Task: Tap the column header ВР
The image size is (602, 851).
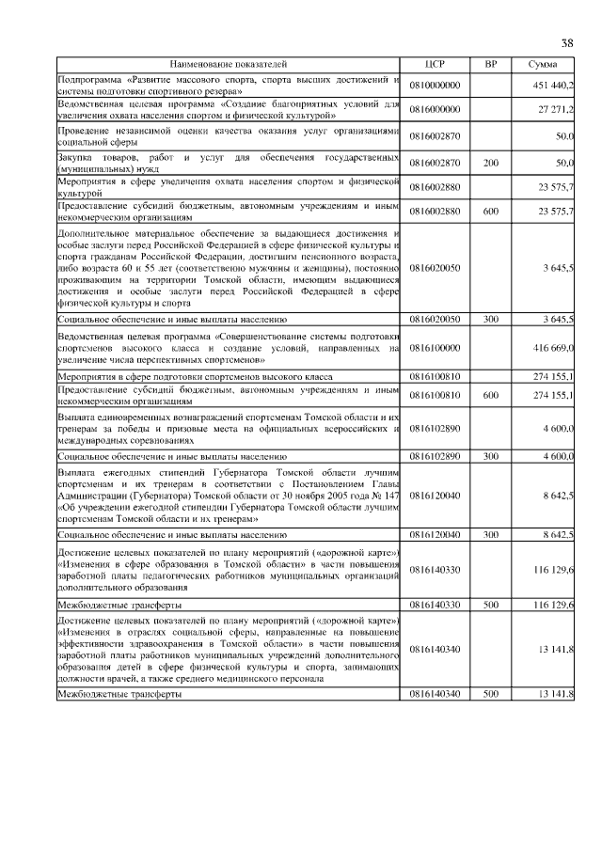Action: coord(490,64)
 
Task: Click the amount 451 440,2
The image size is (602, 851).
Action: coord(555,85)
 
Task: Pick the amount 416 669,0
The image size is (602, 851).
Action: coord(555,349)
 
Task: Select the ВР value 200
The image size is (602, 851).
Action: coord(490,163)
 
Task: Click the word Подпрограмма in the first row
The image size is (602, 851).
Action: coord(90,79)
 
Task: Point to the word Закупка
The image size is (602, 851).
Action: coord(77,156)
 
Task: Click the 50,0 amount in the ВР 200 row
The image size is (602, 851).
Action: coord(564,163)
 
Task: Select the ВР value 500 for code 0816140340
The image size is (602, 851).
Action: coord(490,694)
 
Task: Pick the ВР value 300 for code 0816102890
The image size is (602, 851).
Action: coord(490,455)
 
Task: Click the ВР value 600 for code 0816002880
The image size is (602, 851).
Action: coord(490,212)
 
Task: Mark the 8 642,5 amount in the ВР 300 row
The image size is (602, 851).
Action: coord(557,534)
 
